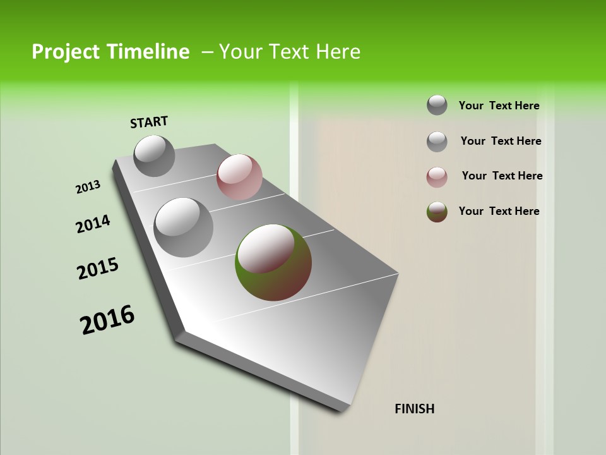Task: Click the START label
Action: coord(149,122)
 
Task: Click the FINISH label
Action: coord(414,409)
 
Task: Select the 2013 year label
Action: coord(88,187)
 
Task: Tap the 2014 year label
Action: coord(93,224)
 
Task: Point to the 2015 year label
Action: coord(98,269)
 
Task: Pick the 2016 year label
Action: coord(107,320)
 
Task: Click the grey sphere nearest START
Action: coord(155,155)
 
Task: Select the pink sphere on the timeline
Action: coord(239,177)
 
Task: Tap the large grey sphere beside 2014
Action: coord(184,227)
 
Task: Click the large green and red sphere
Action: coord(273,262)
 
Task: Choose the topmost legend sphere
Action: coord(437,105)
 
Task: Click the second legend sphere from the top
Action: coord(437,142)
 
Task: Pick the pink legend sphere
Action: coord(437,177)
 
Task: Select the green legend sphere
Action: coord(437,212)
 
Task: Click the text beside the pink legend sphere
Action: coord(502,176)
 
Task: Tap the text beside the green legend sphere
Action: coord(499,211)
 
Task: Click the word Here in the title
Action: coord(338,52)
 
